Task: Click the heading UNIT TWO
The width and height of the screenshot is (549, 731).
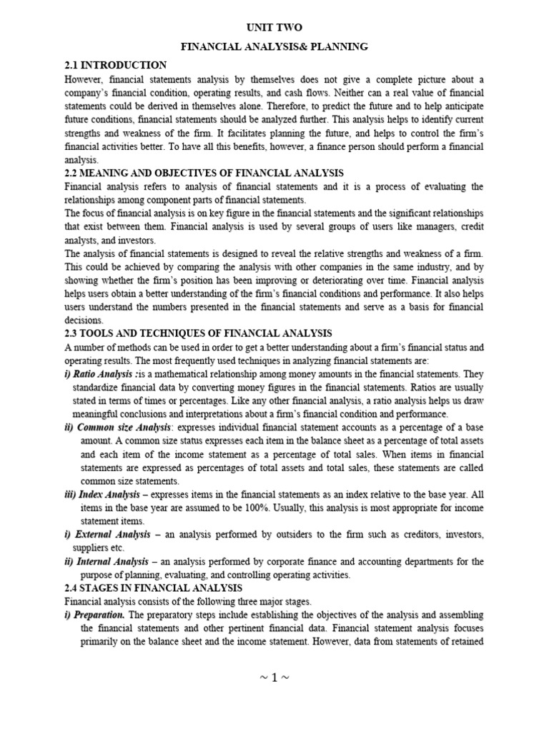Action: (274, 27)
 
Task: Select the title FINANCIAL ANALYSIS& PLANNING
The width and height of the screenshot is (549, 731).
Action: (274, 46)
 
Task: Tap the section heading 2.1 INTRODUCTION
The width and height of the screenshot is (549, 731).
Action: (115, 65)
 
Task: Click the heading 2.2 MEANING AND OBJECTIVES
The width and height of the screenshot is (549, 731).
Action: (204, 173)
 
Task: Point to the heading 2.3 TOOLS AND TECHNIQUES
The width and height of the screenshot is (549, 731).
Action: (198, 334)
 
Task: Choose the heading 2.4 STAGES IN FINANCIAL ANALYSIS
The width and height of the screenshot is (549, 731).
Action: (154, 588)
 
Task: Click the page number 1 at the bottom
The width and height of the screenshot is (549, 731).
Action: (275, 677)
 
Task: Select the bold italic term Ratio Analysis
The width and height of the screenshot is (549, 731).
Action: (99, 374)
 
